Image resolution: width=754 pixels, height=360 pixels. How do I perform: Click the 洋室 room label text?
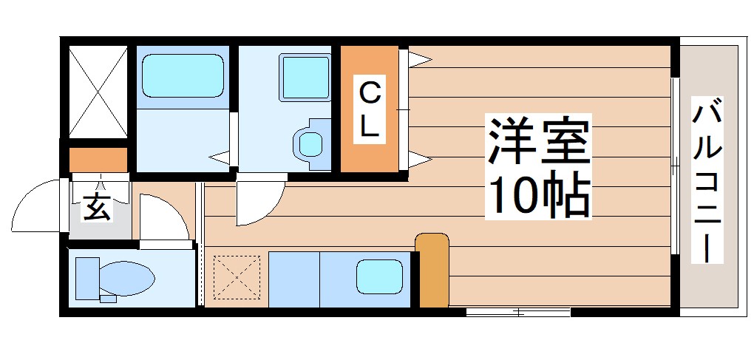pyautogui.click(x=538, y=141)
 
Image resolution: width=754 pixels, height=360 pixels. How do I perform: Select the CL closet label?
pyautogui.click(x=370, y=110)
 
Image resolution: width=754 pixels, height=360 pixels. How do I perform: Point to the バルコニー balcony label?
pyautogui.click(x=707, y=182)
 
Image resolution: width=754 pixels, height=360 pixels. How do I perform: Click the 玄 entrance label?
pyautogui.click(x=98, y=206)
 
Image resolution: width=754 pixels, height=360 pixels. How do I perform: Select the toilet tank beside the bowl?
pyautogui.click(x=86, y=278)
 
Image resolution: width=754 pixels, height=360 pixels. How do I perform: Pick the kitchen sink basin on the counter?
pyautogui.click(x=379, y=278)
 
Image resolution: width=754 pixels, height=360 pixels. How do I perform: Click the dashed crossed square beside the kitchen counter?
pyautogui.click(x=236, y=278)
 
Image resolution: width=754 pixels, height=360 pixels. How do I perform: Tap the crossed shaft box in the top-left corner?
pyautogui.click(x=98, y=92)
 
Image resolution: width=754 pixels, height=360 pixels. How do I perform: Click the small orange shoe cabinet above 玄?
pyautogui.click(x=98, y=159)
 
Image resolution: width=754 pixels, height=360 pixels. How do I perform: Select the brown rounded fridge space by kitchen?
pyautogui.click(x=432, y=270)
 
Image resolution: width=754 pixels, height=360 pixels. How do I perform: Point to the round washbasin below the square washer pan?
pyautogui.click(x=309, y=140)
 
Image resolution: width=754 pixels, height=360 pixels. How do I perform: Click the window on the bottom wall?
pyautogui.click(x=518, y=313)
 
